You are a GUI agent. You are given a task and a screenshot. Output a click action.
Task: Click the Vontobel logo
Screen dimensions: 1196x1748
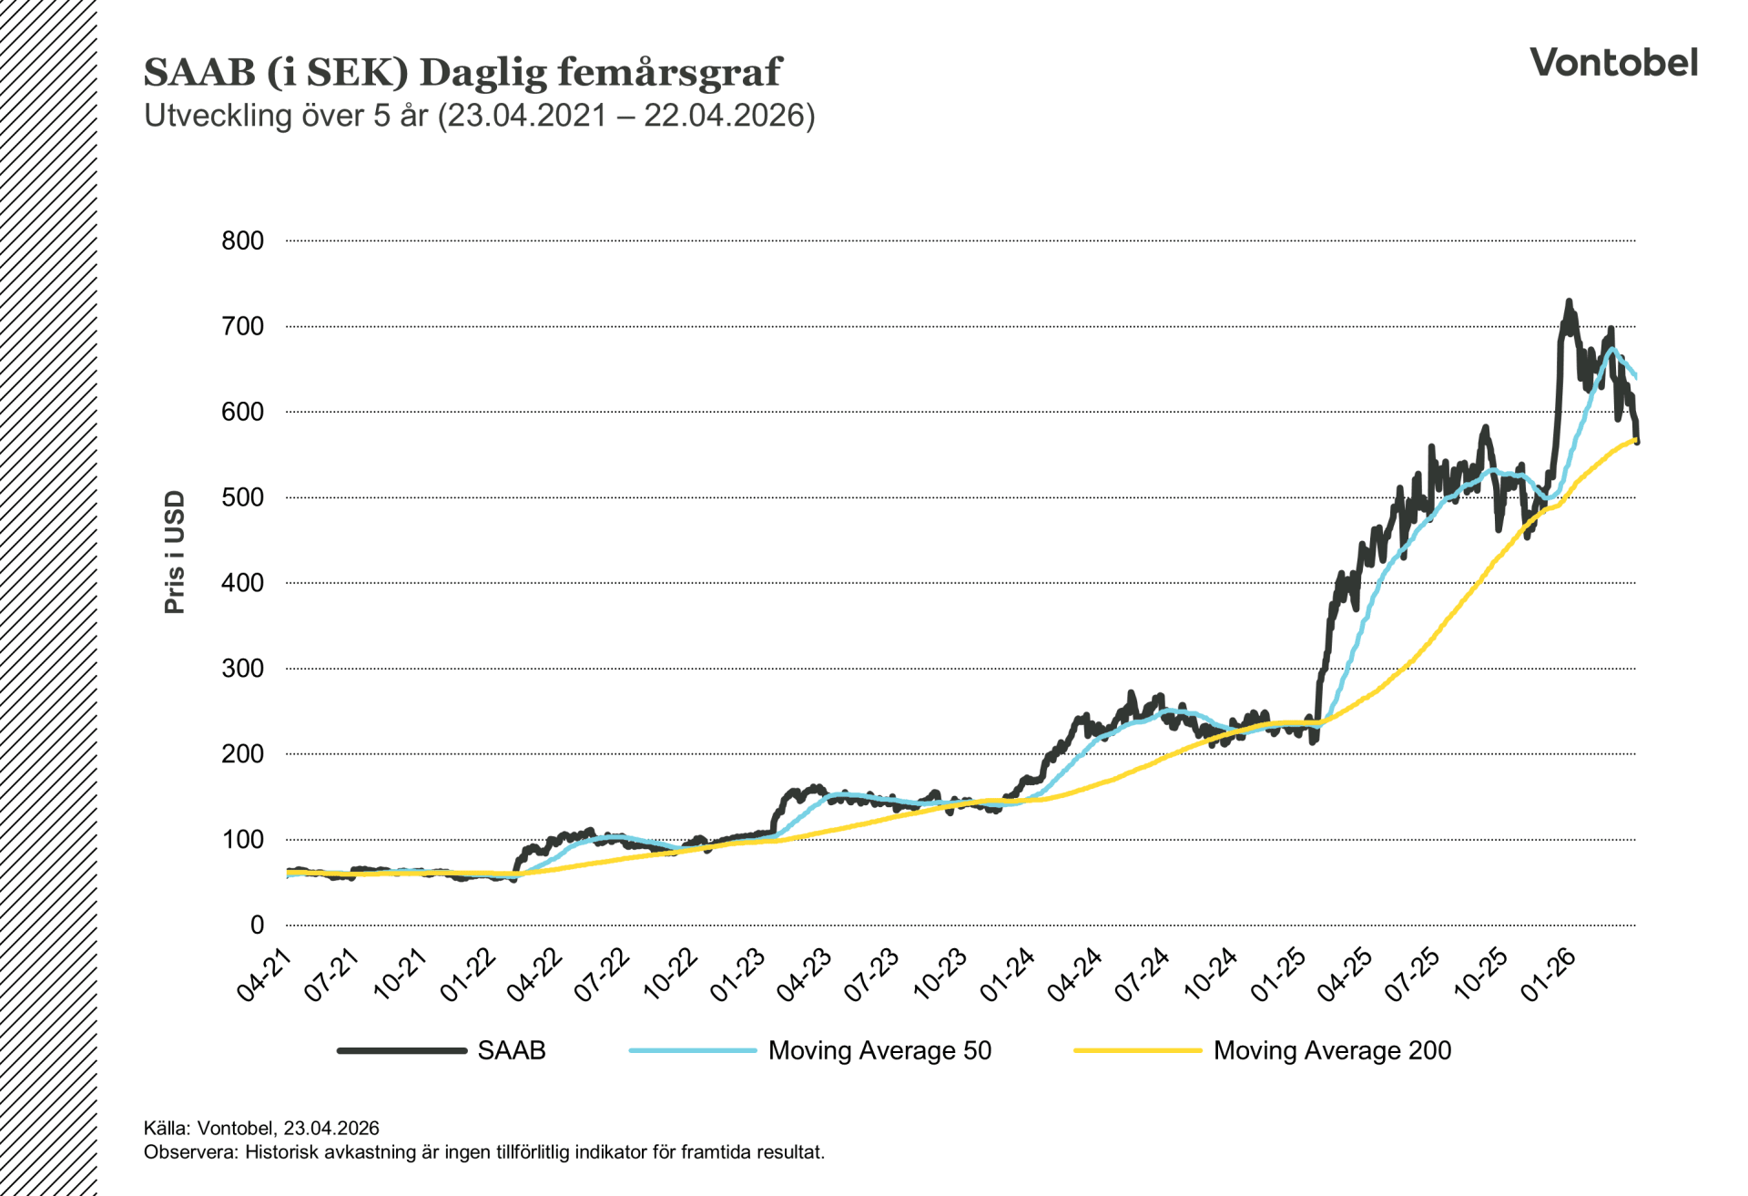pyautogui.click(x=1613, y=63)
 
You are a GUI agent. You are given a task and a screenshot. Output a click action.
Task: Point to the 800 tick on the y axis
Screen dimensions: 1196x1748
pyautogui.click(x=242, y=240)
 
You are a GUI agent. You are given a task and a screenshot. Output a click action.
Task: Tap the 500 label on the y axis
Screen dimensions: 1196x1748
pyautogui.click(x=242, y=497)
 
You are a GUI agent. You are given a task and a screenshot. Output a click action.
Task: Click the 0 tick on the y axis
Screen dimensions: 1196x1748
pyautogui.click(x=257, y=925)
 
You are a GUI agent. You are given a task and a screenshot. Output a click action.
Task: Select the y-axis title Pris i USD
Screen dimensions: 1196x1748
pyautogui.click(x=175, y=552)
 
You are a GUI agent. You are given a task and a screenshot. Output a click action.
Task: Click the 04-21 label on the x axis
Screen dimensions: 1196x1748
pyautogui.click(x=265, y=975)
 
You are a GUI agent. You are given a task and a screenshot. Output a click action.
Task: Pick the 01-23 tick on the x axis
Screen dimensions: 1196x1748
pyautogui.click(x=738, y=975)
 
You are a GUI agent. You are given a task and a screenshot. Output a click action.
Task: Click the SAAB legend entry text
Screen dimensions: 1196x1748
pyautogui.click(x=511, y=1050)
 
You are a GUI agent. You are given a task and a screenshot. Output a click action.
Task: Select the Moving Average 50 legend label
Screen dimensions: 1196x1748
pyautogui.click(x=879, y=1050)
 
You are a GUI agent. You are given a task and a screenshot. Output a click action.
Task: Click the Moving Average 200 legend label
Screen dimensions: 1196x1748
pyautogui.click(x=1332, y=1050)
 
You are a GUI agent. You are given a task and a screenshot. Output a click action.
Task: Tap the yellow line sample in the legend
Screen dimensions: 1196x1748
pyautogui.click(x=1137, y=1050)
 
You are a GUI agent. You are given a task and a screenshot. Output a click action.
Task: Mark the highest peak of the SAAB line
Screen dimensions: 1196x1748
pyautogui.click(x=1569, y=302)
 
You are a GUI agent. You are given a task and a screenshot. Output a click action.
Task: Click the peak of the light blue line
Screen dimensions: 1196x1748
pyautogui.click(x=1611, y=348)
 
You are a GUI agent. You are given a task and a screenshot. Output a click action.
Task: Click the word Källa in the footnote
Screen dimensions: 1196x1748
pyautogui.click(x=166, y=1128)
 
